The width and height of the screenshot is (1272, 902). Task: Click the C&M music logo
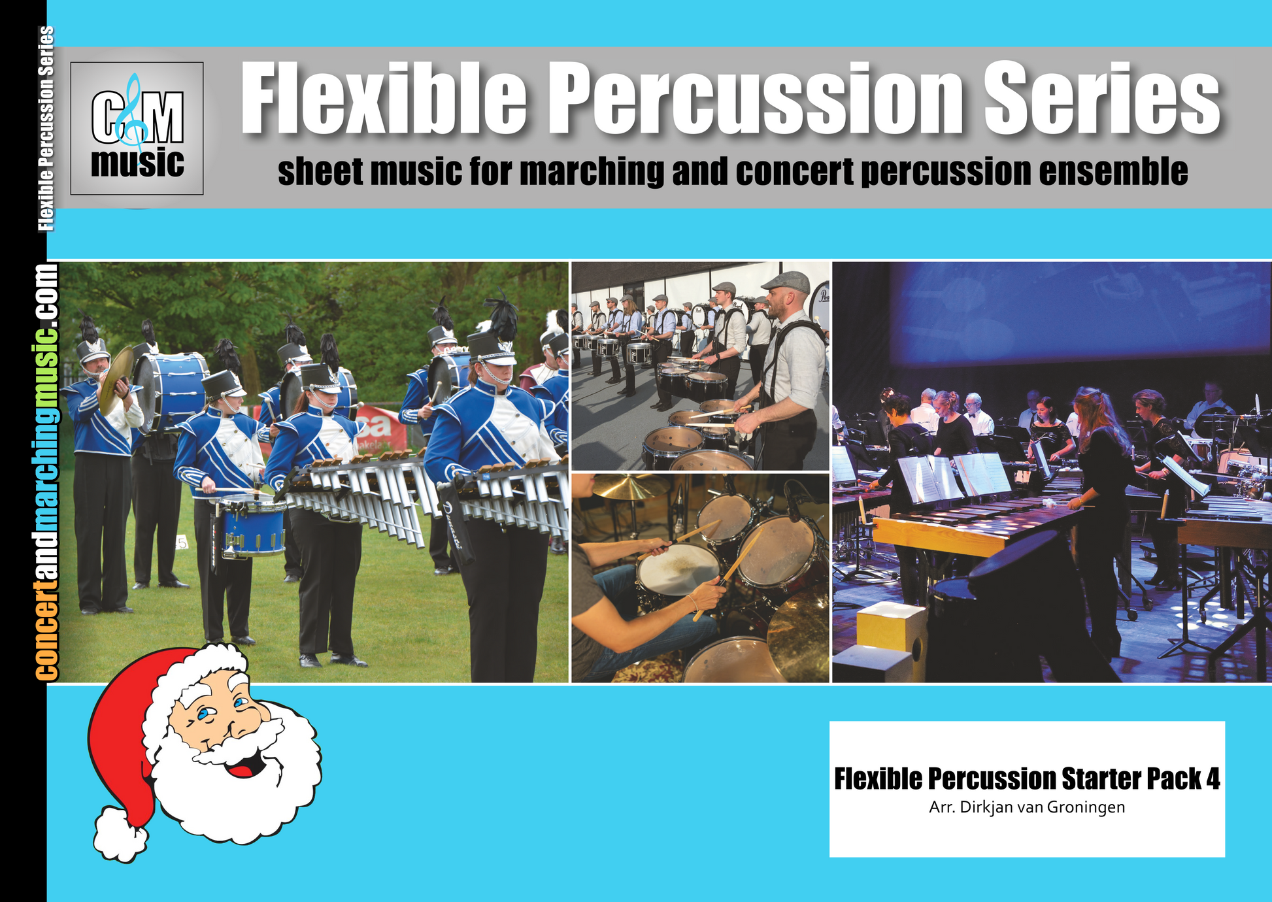[x=137, y=129]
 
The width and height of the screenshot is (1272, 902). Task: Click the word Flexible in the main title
[x=384, y=99]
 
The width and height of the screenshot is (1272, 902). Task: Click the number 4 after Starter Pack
[x=1213, y=779]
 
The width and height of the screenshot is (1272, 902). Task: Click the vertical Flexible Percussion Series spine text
[x=46, y=129]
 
